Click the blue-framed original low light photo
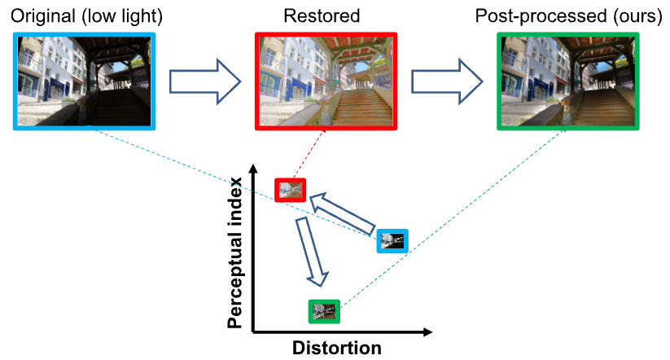(x=84, y=80)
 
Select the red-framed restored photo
(x=326, y=81)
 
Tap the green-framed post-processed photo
(x=567, y=81)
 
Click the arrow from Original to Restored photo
(x=204, y=81)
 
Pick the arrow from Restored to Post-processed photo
(x=447, y=81)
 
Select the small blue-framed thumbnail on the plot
(x=392, y=240)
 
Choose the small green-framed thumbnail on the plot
(x=323, y=311)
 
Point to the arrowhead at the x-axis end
(x=427, y=331)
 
